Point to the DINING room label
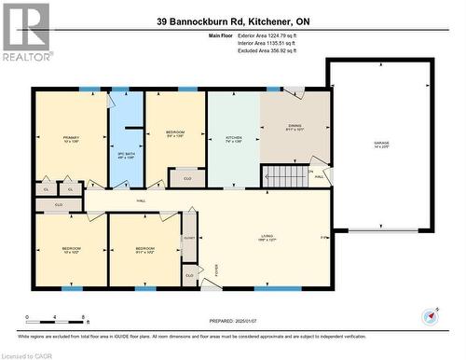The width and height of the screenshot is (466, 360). pyautogui.click(x=295, y=128)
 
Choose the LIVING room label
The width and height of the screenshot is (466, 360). pyautogui.click(x=267, y=237)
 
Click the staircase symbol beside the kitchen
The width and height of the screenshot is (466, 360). pyautogui.click(x=281, y=174)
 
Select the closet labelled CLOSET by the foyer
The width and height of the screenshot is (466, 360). pyautogui.click(x=189, y=237)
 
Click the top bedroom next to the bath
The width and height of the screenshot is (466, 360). pyautogui.click(x=175, y=133)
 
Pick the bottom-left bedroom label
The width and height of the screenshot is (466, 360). pyautogui.click(x=71, y=249)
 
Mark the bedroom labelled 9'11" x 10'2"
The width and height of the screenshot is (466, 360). pyautogui.click(x=144, y=249)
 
